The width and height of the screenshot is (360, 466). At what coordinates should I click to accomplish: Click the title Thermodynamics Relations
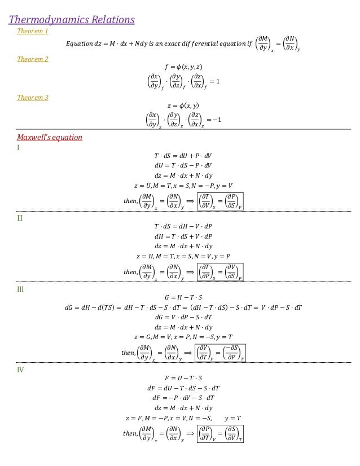pos(72,20)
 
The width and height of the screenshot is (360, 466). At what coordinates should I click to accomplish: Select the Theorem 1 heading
pos(31,31)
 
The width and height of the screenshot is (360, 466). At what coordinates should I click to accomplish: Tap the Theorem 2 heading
pos(32,59)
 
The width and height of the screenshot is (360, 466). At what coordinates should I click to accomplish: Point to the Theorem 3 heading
pos(32,98)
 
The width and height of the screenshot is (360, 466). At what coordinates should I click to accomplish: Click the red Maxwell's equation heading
pos(50,137)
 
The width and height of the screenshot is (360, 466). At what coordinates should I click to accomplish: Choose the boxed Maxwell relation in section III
pos(221,354)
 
